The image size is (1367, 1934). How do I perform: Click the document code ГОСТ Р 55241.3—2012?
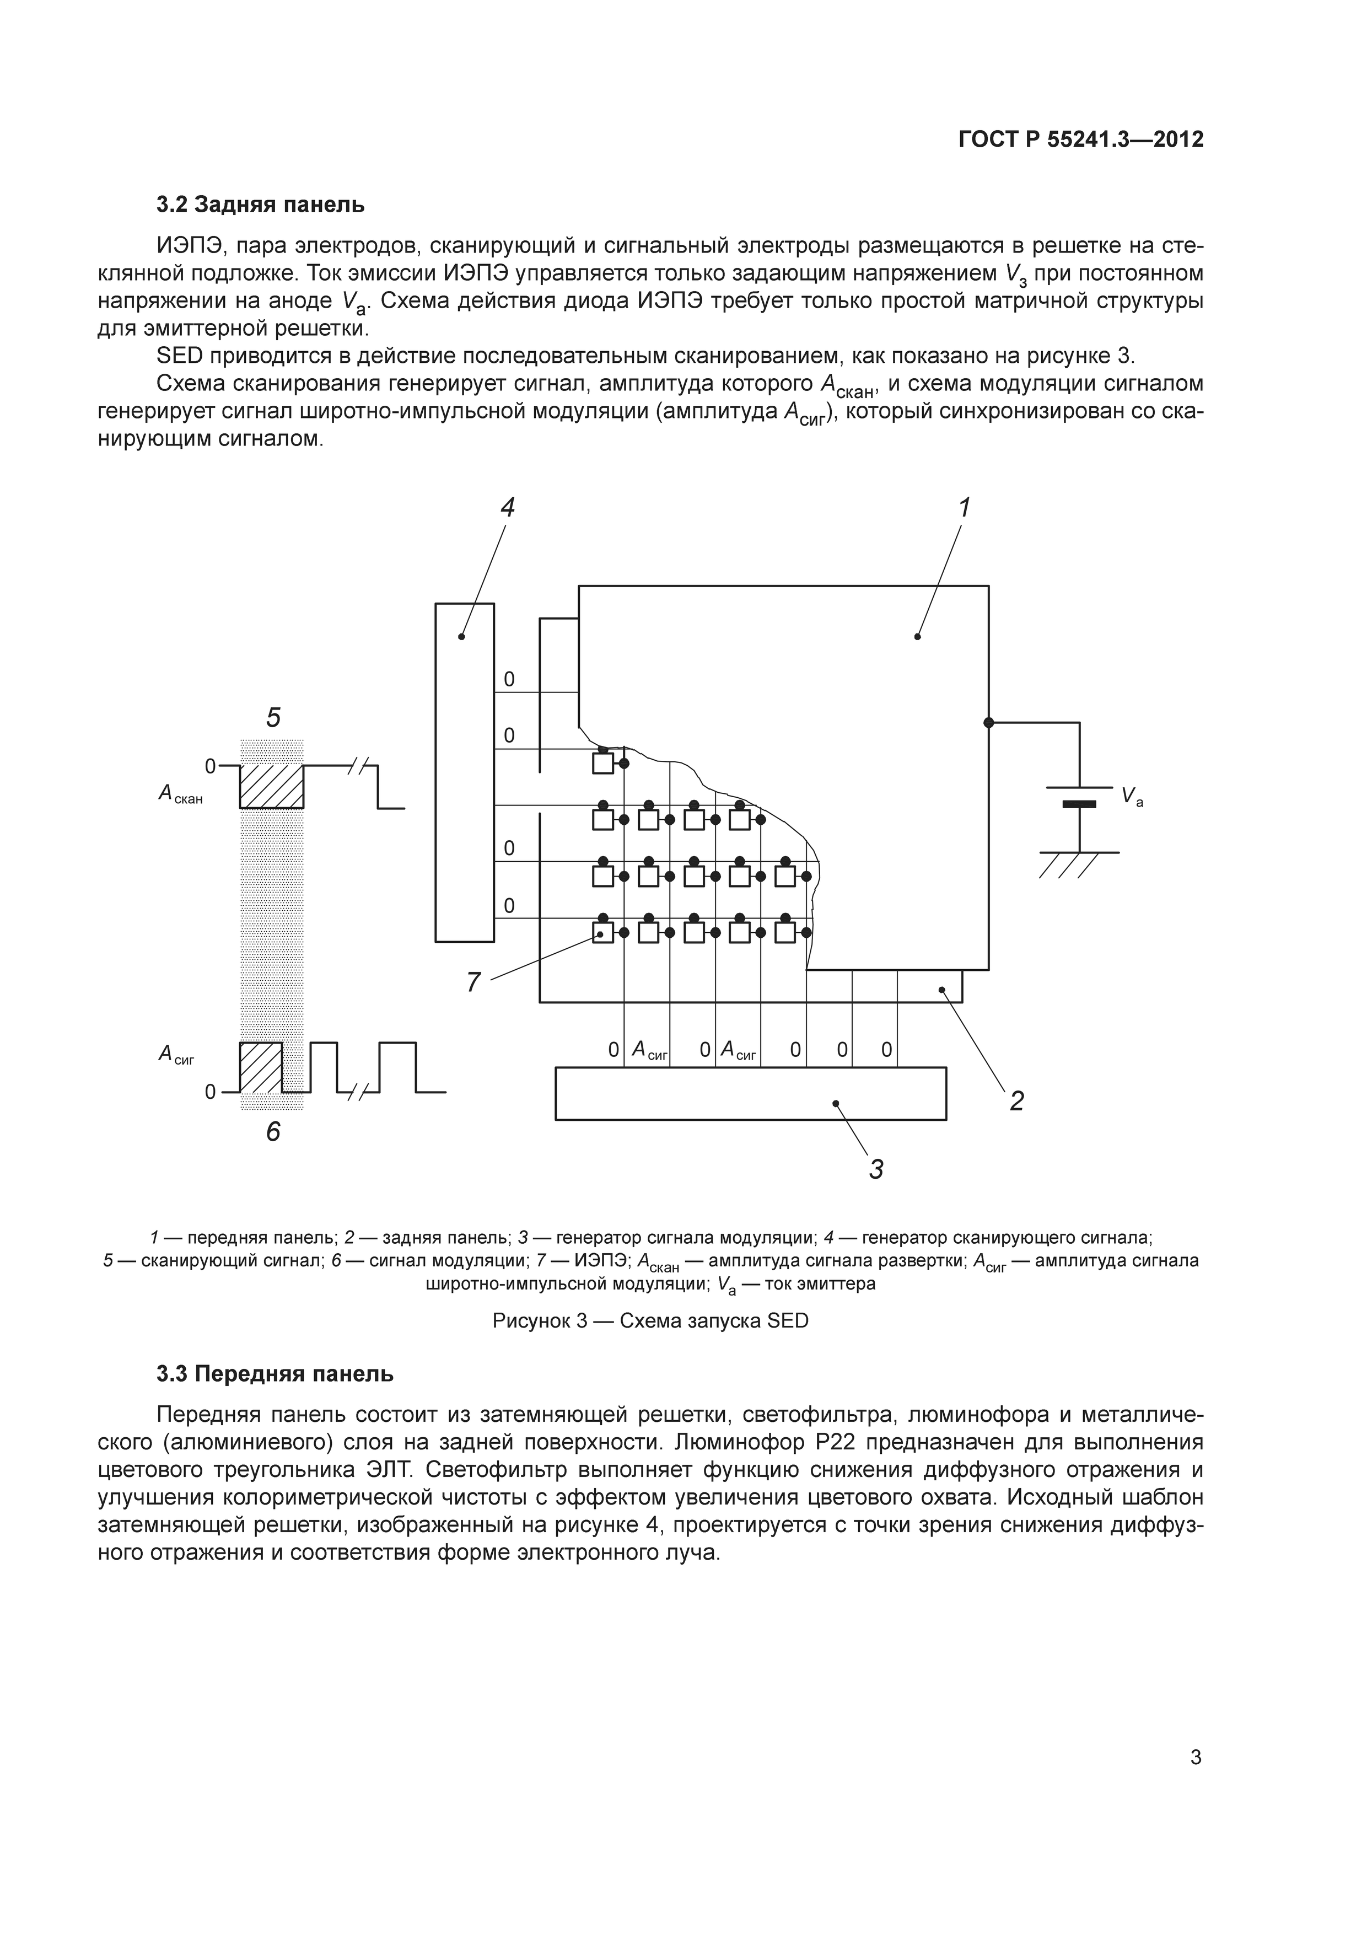(x=1080, y=140)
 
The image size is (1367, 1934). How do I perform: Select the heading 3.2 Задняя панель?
(x=260, y=205)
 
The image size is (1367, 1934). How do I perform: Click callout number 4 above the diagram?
(x=507, y=508)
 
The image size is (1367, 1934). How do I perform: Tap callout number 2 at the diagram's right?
(x=1016, y=1101)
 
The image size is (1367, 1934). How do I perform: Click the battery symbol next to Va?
(x=1079, y=796)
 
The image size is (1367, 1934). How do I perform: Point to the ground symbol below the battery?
(x=1078, y=863)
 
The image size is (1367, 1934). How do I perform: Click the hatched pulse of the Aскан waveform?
(x=271, y=786)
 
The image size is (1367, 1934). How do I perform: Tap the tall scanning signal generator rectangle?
(x=464, y=772)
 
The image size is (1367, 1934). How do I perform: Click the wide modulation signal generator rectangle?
(x=750, y=1093)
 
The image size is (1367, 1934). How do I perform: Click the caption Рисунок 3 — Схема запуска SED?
(x=650, y=1321)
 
